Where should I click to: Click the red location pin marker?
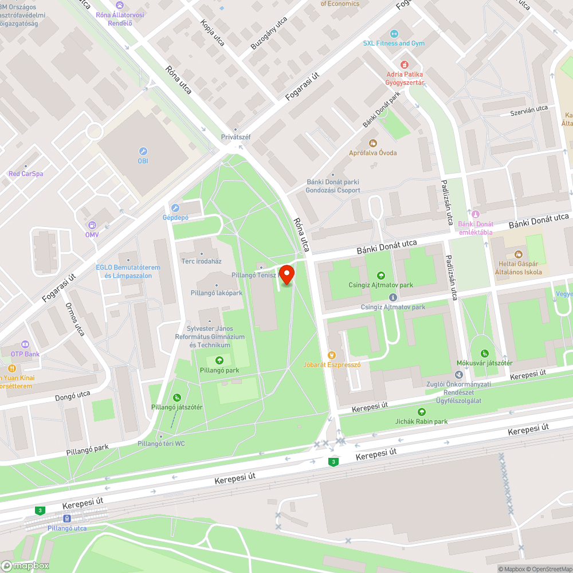(x=285, y=273)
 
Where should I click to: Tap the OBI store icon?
(x=143, y=151)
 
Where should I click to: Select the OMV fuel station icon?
(x=92, y=225)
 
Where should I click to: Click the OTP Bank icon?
(x=25, y=344)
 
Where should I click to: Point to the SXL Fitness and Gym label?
(x=393, y=43)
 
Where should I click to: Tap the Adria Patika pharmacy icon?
(x=405, y=65)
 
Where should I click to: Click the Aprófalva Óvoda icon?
(x=372, y=143)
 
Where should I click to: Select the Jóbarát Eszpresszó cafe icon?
(x=331, y=355)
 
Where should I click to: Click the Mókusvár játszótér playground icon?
(x=485, y=353)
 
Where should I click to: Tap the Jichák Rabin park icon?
(x=422, y=411)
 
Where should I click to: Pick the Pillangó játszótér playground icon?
(x=177, y=398)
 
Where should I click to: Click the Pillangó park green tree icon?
(x=219, y=360)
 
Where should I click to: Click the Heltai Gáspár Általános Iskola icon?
(x=518, y=254)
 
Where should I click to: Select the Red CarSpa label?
(x=26, y=174)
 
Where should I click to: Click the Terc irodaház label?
(x=201, y=261)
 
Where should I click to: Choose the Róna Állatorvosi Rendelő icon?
(x=119, y=5)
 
